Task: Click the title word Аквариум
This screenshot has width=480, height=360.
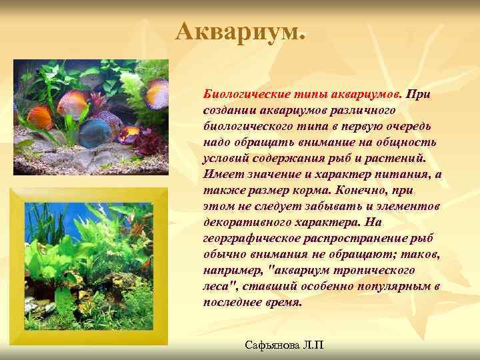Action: (239, 31)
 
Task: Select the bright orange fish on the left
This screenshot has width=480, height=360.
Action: (40, 117)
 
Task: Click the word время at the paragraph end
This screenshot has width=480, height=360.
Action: (279, 302)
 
